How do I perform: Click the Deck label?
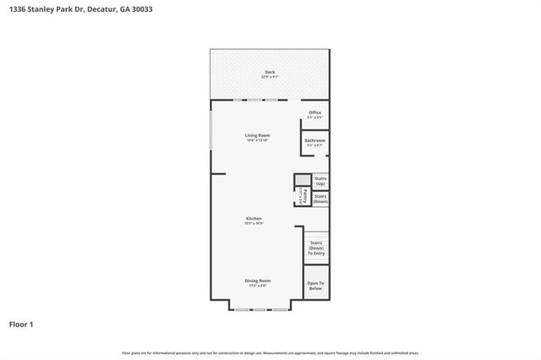[270, 72]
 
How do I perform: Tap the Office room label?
[314, 112]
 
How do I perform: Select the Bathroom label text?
[314, 140]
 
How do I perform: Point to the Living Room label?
[257, 135]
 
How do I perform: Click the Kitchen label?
[254, 218]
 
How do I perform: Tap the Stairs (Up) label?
[320, 181]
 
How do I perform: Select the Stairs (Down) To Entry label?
[315, 248]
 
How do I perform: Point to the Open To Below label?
[315, 286]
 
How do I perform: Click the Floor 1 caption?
[21, 324]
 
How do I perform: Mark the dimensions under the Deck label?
[270, 77]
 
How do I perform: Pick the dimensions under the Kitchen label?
[254, 223]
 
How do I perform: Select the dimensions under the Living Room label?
[257, 140]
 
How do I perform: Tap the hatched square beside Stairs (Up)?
[302, 180]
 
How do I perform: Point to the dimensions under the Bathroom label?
[314, 145]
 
